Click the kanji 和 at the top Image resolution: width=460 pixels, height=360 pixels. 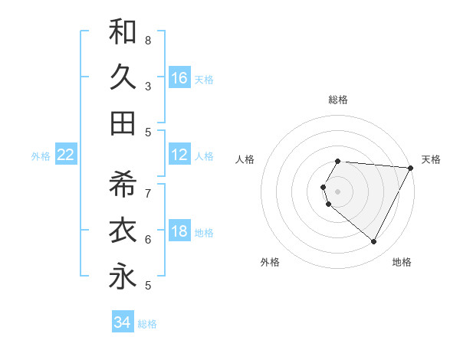click(x=123, y=31)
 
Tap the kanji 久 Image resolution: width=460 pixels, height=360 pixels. click(x=123, y=77)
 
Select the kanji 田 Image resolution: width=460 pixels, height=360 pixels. click(x=123, y=123)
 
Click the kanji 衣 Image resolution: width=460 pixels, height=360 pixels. click(x=123, y=231)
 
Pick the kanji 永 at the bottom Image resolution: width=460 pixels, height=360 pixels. click(x=123, y=277)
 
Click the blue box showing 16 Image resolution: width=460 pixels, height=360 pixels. click(x=179, y=77)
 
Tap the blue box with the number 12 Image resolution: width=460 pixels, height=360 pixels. click(x=179, y=155)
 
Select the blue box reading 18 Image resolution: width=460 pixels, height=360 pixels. click(x=179, y=232)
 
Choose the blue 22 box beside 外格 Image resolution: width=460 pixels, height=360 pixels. click(x=66, y=155)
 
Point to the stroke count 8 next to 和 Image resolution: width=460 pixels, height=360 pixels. click(x=148, y=40)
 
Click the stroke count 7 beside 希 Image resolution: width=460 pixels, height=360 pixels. click(x=148, y=193)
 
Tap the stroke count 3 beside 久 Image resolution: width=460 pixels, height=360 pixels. click(x=148, y=86)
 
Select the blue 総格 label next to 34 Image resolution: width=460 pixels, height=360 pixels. click(x=147, y=324)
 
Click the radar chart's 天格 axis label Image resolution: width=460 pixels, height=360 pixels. click(x=432, y=159)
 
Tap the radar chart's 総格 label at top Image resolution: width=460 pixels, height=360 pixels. click(x=338, y=100)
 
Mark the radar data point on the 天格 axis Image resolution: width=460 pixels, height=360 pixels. click(x=411, y=168)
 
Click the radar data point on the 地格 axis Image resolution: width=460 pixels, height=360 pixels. click(x=374, y=241)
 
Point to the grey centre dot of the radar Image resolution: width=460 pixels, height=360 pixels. click(x=338, y=191)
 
